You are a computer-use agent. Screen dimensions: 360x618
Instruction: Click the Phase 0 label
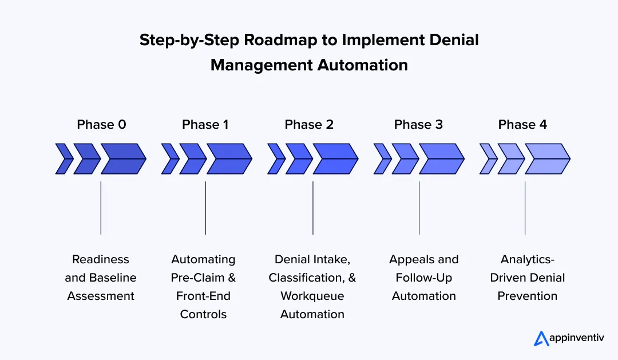[x=101, y=124]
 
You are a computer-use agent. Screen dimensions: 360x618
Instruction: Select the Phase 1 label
[x=205, y=124]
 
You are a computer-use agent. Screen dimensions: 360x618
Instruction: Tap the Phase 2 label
[x=309, y=124]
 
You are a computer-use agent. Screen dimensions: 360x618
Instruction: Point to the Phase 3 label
[x=418, y=124]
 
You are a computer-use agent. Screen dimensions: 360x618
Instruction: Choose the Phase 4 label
[x=522, y=124]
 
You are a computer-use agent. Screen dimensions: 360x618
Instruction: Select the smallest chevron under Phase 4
[x=488, y=159]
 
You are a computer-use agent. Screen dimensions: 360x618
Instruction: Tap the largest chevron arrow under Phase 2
[x=335, y=159]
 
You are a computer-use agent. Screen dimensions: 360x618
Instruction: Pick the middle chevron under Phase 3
[x=405, y=159]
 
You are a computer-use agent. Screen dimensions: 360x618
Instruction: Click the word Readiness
[x=101, y=259]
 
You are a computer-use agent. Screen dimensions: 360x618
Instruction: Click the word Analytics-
[x=527, y=259]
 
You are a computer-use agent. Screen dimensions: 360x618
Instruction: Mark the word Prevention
[x=527, y=296]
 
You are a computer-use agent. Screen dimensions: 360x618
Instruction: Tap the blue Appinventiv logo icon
[x=541, y=338]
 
